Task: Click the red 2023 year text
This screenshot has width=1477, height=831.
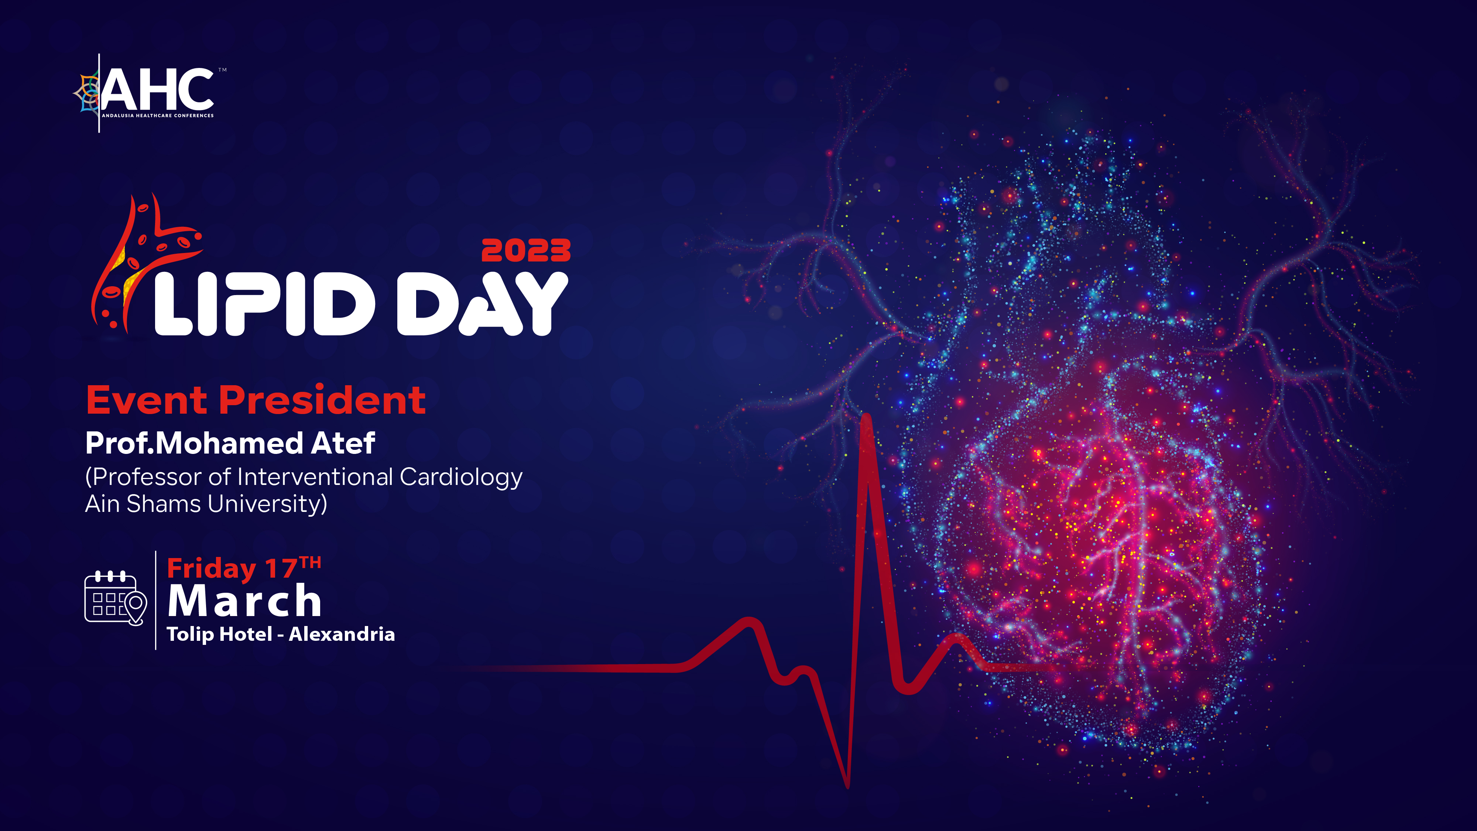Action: pyautogui.click(x=526, y=251)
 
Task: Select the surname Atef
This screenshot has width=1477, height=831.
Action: pyautogui.click(x=343, y=443)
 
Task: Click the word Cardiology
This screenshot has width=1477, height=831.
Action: pyautogui.click(x=461, y=478)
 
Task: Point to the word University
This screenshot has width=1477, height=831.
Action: pyautogui.click(x=267, y=504)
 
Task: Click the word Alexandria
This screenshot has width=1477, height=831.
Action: pyautogui.click(x=342, y=634)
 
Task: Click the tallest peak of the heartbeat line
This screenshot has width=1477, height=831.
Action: pyautogui.click(x=866, y=417)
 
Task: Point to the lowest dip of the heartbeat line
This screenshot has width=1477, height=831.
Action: pyautogui.click(x=847, y=786)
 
